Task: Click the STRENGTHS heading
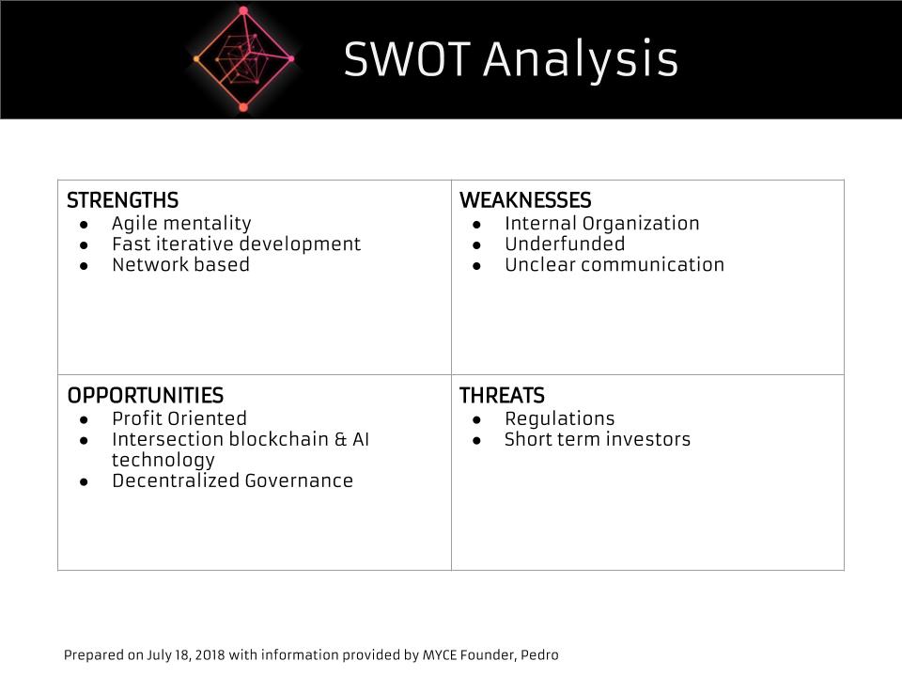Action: pyautogui.click(x=122, y=200)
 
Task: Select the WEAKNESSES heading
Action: pyautogui.click(x=525, y=200)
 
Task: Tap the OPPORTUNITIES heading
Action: pyautogui.click(x=146, y=396)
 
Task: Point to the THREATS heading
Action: pyautogui.click(x=502, y=396)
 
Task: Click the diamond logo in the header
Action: pyautogui.click(x=244, y=58)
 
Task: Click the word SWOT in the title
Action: pyautogui.click(x=407, y=58)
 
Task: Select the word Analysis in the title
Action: pyautogui.click(x=581, y=61)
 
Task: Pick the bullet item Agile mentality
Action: pyautogui.click(x=181, y=224)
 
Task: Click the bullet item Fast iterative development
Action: pyautogui.click(x=237, y=244)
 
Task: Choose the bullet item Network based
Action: pyautogui.click(x=180, y=265)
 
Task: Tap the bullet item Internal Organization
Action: pyautogui.click(x=601, y=224)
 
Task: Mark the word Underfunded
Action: pyautogui.click(x=565, y=244)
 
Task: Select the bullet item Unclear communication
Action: pyautogui.click(x=614, y=265)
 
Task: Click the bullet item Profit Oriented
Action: pyautogui.click(x=179, y=418)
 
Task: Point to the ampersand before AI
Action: pyautogui.click(x=341, y=439)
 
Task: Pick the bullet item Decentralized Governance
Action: pyautogui.click(x=232, y=480)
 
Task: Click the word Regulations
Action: pyautogui.click(x=560, y=419)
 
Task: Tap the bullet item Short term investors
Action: pyautogui.click(x=598, y=439)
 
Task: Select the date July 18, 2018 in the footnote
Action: pyautogui.click(x=186, y=655)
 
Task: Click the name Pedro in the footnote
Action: pyautogui.click(x=539, y=655)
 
